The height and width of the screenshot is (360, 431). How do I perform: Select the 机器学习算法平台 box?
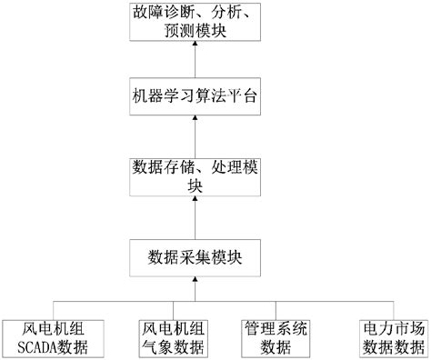pyautogui.click(x=195, y=97)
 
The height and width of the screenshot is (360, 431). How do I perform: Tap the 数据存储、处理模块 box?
pyautogui.click(x=195, y=175)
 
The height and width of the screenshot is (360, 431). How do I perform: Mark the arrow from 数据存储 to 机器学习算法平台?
pyautogui.click(x=195, y=136)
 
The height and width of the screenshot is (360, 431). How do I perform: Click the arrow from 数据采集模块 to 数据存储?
pyautogui.click(x=195, y=215)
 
